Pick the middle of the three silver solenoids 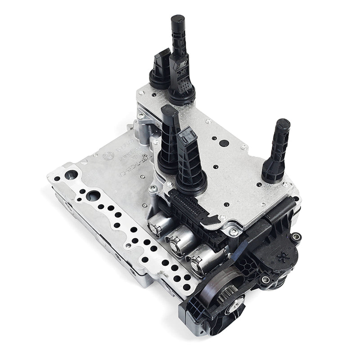(178, 238)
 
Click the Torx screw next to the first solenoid (153, 189)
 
